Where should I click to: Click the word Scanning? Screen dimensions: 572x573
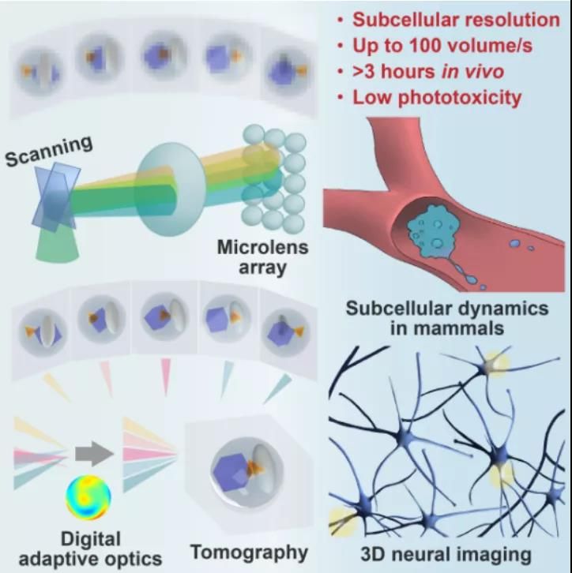coord(49,150)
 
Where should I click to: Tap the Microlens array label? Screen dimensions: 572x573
coord(262,257)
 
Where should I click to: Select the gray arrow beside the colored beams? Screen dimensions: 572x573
coord(94,454)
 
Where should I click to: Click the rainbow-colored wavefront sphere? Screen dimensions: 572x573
coord(88,497)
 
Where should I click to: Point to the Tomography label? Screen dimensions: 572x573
coord(249,552)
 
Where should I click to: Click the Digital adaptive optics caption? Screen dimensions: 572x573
coord(90,549)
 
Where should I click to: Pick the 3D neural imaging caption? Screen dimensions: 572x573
coord(446,554)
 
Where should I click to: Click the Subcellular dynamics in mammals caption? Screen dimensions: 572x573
coord(447,318)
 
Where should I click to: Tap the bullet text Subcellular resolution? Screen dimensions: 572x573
coord(456,20)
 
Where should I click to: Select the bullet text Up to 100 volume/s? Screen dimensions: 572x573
coord(442,45)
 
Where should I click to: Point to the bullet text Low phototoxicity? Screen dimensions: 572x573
coord(437,98)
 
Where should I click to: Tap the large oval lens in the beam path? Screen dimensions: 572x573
coord(171,189)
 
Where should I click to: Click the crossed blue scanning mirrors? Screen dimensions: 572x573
coord(55,197)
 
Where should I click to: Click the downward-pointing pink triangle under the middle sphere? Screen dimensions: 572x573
coord(166,377)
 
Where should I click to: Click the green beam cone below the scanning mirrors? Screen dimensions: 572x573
coord(58,245)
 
